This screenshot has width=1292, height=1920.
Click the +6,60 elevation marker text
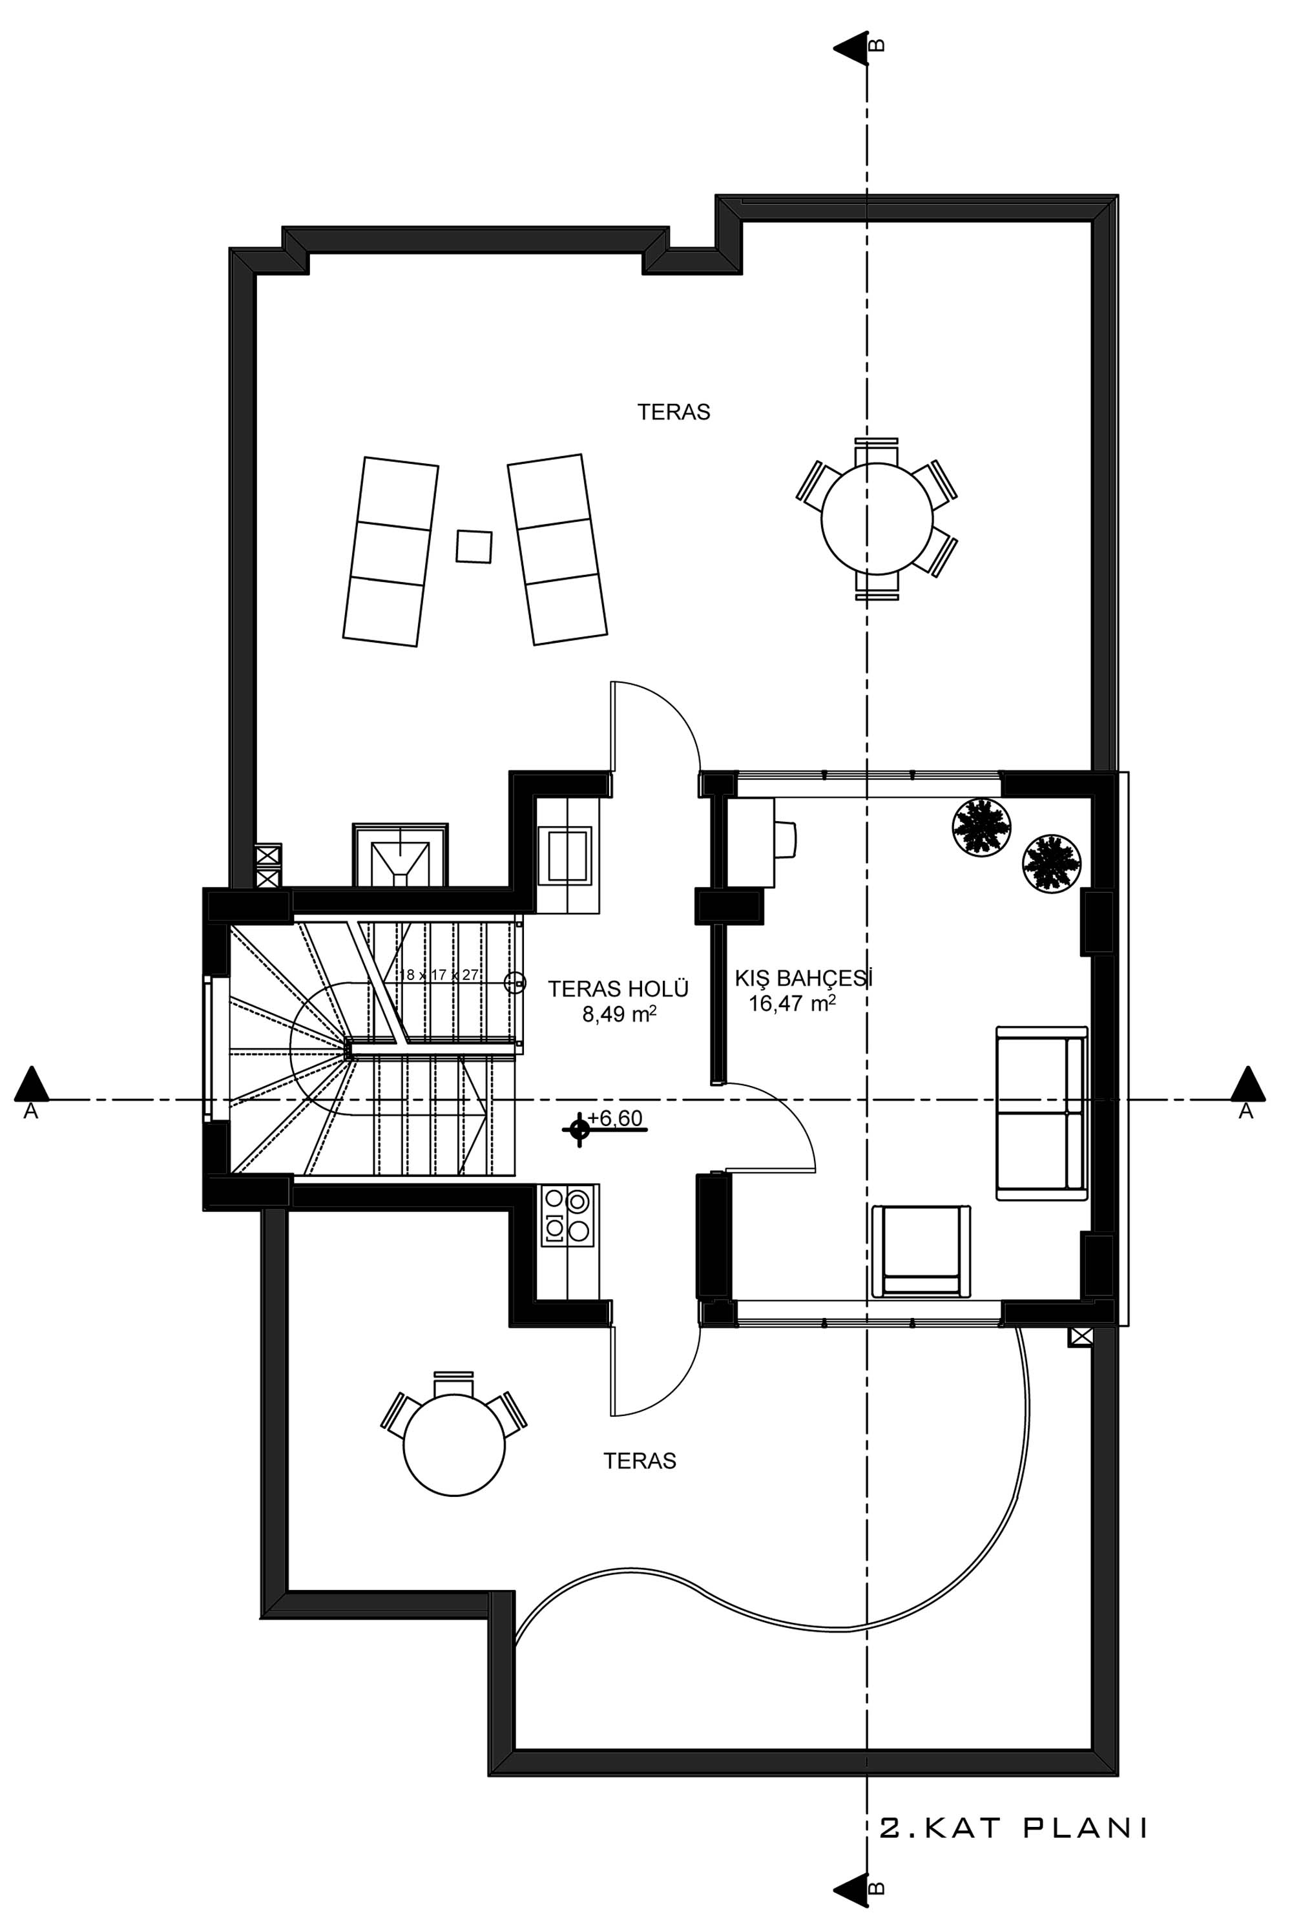(x=615, y=1118)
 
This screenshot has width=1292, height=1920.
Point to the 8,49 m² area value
(x=620, y=1014)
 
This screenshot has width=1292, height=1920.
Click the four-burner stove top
(x=569, y=1217)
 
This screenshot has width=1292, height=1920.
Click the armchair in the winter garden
(x=921, y=1251)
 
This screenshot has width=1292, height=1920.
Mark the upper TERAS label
(x=673, y=412)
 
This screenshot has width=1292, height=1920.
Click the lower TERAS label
(x=640, y=1461)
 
